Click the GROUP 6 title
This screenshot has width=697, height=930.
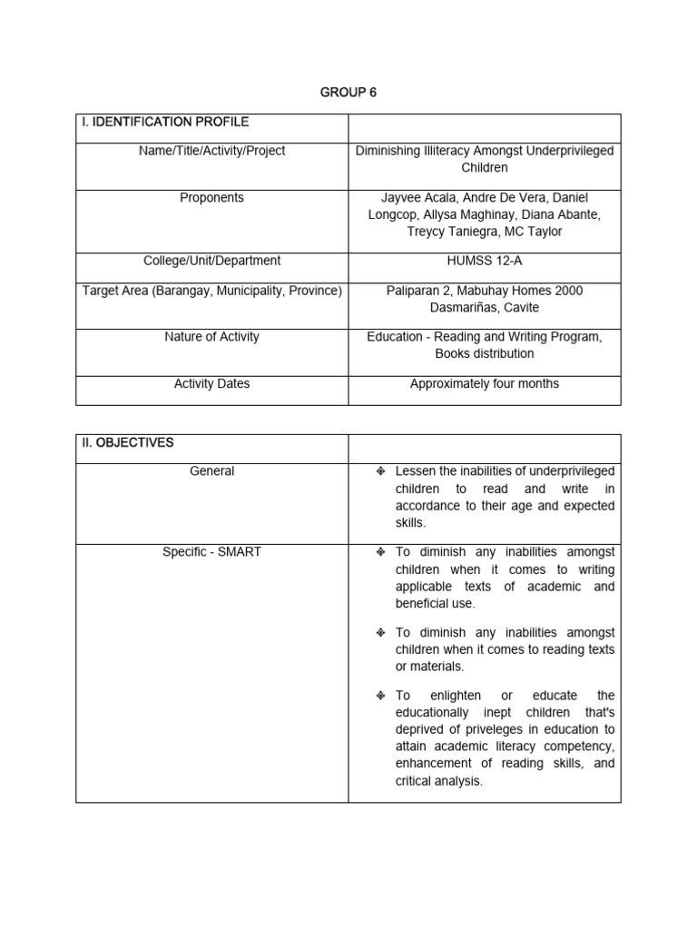point(348,93)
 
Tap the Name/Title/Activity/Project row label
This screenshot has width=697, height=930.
point(211,151)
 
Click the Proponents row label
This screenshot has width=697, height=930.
point(211,198)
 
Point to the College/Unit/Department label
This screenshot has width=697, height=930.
point(211,261)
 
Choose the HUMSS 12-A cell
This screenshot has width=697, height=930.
point(484,261)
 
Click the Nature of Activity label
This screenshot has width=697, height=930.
point(211,337)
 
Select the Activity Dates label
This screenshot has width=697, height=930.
point(211,384)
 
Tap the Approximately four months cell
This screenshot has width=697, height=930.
point(484,384)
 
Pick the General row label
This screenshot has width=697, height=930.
point(211,471)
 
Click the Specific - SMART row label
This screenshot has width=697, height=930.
point(211,552)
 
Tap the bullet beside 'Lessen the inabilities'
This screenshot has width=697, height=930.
point(381,471)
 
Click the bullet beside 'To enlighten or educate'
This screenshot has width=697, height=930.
point(381,696)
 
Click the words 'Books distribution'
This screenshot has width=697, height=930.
point(484,353)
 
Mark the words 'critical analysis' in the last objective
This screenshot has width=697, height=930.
point(438,781)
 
